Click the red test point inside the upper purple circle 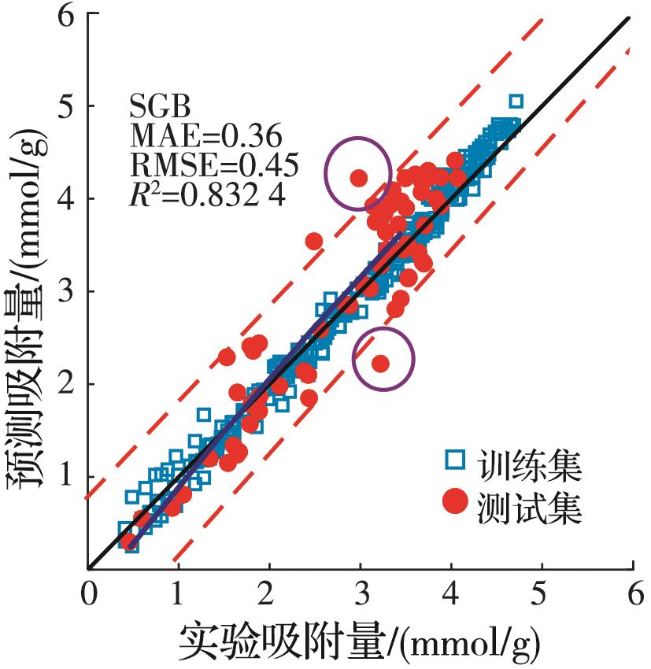point(359,178)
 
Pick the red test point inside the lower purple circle point(380,363)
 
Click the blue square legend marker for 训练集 point(454,460)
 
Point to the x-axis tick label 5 point(541,590)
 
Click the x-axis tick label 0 point(89,590)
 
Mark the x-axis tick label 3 point(361,590)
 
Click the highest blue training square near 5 point(516,102)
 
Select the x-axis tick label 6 point(631,590)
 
